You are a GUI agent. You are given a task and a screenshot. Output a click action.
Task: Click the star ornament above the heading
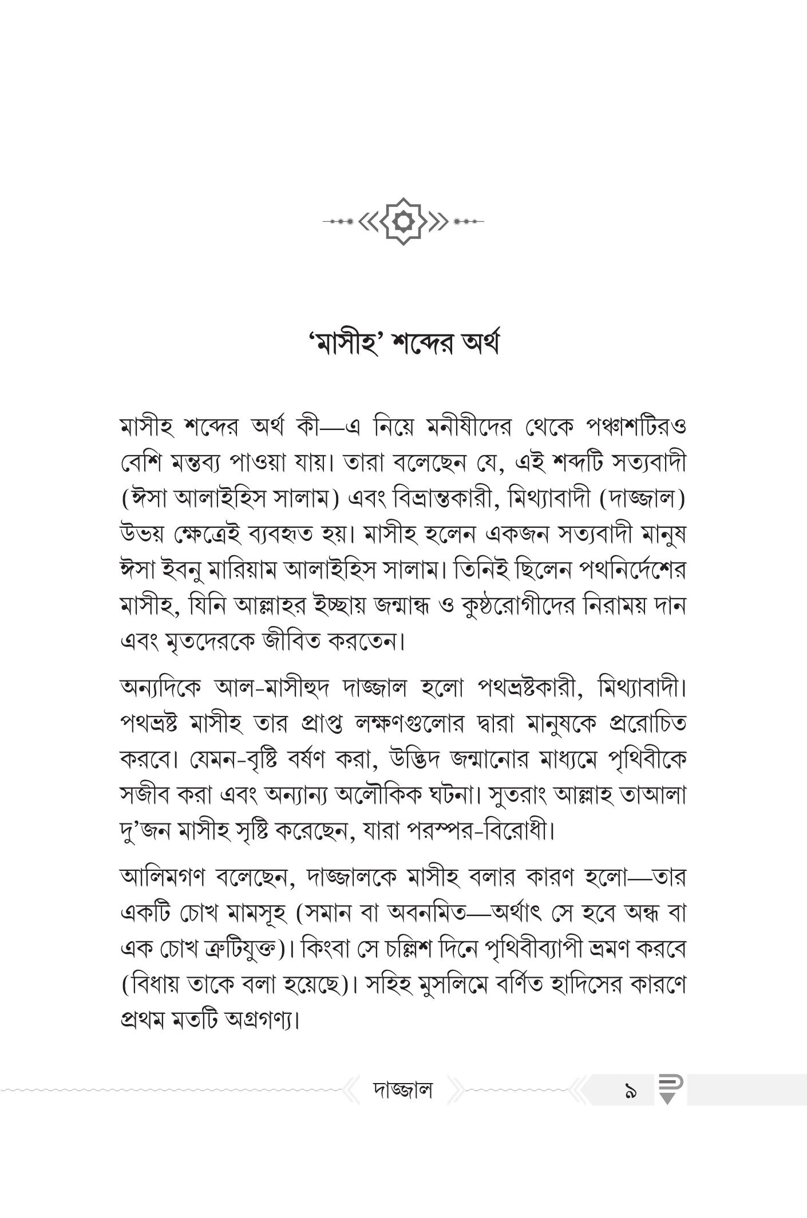coord(403,221)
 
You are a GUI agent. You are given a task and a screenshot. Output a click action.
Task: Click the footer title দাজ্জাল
coord(403,1090)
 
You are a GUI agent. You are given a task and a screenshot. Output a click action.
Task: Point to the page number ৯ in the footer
coord(631,1091)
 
